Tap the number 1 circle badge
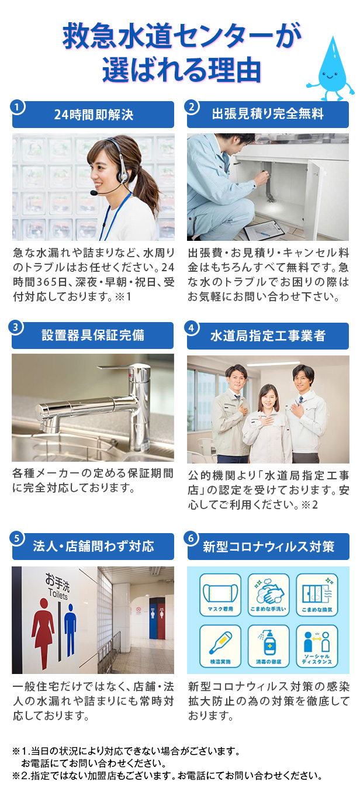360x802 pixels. click(17, 107)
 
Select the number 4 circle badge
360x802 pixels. click(192, 327)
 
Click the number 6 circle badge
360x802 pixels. click(192, 538)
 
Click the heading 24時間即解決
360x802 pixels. click(94, 115)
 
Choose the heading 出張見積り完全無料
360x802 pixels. click(268, 114)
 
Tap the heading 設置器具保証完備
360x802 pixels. click(93, 335)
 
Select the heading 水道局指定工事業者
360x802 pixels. click(268, 336)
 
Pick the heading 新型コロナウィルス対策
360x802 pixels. click(268, 547)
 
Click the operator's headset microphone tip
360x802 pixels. click(94, 193)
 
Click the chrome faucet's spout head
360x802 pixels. click(50, 415)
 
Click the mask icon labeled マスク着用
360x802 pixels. click(220, 595)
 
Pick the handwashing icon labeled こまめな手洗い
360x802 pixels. click(268, 595)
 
